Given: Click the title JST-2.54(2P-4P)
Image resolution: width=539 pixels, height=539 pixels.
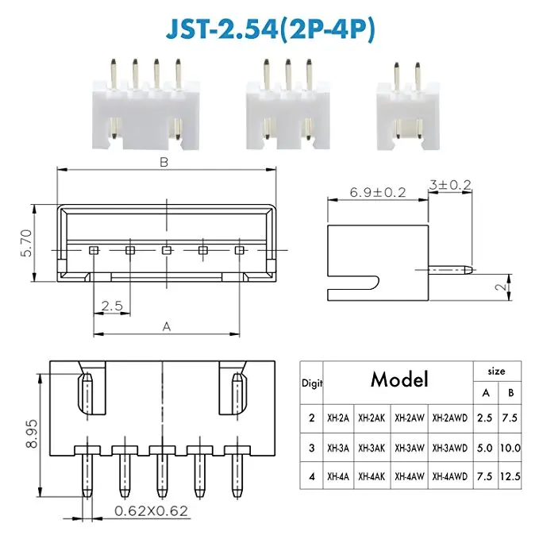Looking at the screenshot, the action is pos(270,29).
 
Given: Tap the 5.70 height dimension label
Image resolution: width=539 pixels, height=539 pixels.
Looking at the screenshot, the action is pos(27,243).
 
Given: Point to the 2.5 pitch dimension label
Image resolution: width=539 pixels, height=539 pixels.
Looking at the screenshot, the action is pos(112,306).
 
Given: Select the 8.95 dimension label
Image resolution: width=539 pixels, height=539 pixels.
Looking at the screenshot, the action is pos(32,433).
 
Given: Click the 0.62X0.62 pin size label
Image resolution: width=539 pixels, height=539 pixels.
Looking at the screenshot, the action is pos(152,510).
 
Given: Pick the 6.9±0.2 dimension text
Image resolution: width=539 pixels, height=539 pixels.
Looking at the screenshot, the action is pos(378,192).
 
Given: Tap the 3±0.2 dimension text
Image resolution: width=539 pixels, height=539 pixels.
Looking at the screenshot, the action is pos(450,185).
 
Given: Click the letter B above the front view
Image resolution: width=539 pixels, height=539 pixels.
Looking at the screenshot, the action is pos(164,162).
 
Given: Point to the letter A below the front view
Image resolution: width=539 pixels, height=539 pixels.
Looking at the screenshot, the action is pos(167,326).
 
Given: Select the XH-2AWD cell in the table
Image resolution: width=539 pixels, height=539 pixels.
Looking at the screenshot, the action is pos(450,418).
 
